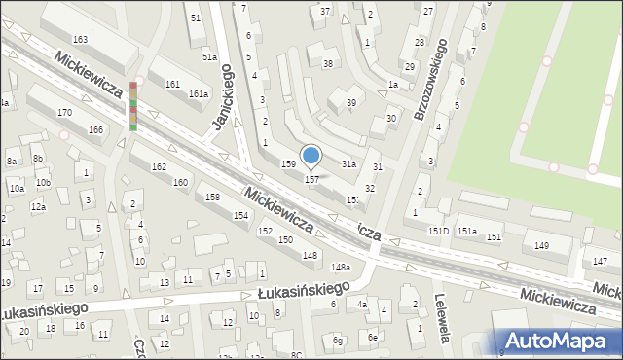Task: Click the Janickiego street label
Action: pyautogui.click(x=223, y=97)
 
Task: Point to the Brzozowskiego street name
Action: pyautogui.click(x=430, y=80)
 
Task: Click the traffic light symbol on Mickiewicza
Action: pyautogui.click(x=133, y=105)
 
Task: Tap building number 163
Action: pyautogui.click(x=81, y=39)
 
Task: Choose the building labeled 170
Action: pyautogui.click(x=64, y=113)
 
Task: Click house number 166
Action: pyautogui.click(x=95, y=130)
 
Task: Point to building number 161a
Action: pyautogui.click(x=199, y=94)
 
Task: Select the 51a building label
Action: pyautogui.click(x=209, y=57)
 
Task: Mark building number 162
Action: pyautogui.click(x=159, y=167)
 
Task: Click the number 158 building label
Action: pyautogui.click(x=212, y=198)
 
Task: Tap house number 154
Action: pyautogui.click(x=240, y=215)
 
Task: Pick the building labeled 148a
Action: pyautogui.click(x=340, y=267)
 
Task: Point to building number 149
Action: pyautogui.click(x=541, y=246)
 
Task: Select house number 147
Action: pyautogui.click(x=600, y=263)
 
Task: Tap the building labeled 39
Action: pyautogui.click(x=351, y=102)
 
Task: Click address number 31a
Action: pyautogui.click(x=348, y=164)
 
